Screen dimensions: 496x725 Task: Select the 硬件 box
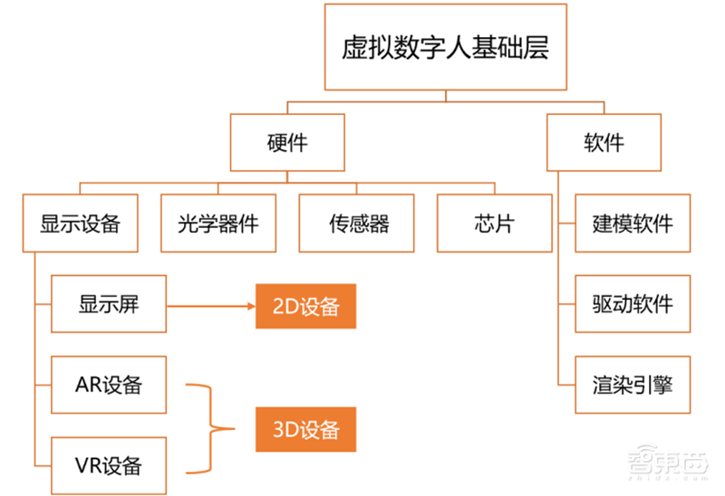coord(287,142)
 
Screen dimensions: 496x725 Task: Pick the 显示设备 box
coord(81,223)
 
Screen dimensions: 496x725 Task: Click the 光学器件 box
coord(218,223)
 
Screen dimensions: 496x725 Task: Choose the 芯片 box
coord(494,223)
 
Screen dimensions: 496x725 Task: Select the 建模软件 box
coord(633,223)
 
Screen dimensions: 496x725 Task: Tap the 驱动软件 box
coord(633,303)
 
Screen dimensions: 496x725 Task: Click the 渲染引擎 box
coord(633,383)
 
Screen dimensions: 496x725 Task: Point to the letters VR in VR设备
coord(88,465)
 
